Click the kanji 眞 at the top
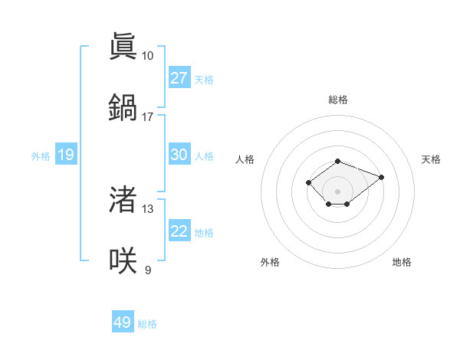(x=123, y=47)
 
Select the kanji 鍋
(x=123, y=106)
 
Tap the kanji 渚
(x=123, y=200)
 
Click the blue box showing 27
(x=179, y=78)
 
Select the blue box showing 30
(x=179, y=155)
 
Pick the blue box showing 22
(x=179, y=231)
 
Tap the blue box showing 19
(x=66, y=155)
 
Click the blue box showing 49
(x=123, y=322)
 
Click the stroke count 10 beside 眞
(x=147, y=56)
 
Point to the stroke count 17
(x=147, y=116)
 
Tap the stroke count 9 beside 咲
(x=147, y=270)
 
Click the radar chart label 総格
(x=337, y=100)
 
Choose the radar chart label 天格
(x=431, y=159)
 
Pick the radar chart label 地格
(x=402, y=262)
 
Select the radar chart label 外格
(x=270, y=262)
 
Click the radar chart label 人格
(x=245, y=159)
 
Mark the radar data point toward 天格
(x=381, y=177)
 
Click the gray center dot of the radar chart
(x=337, y=191)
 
